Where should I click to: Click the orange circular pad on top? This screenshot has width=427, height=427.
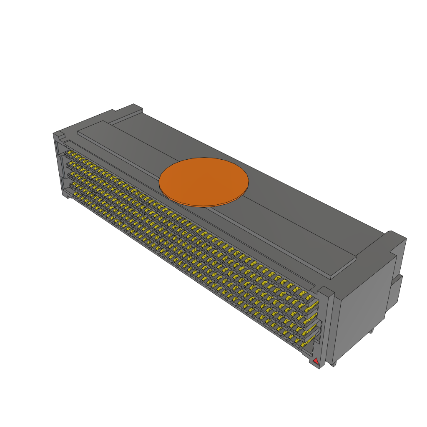[x=204, y=182]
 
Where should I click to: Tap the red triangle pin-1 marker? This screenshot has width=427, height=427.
[x=316, y=361]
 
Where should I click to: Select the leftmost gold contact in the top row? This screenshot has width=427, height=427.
[x=70, y=153]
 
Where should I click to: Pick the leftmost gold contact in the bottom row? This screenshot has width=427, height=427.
[x=75, y=194]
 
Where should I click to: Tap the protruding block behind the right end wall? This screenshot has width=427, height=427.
[x=397, y=292]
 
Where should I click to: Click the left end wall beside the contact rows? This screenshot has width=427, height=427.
[x=59, y=167]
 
